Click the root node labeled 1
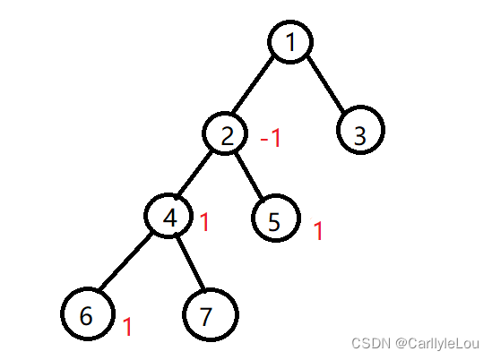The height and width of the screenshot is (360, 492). click(x=290, y=42)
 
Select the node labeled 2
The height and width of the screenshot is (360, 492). click(x=225, y=133)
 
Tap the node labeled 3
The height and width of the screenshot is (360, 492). click(x=360, y=130)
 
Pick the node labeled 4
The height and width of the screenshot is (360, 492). click(x=168, y=216)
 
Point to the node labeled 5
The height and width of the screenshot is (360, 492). click(x=276, y=218)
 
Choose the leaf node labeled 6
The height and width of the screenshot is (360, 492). click(x=88, y=313)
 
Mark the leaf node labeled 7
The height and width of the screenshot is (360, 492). click(x=211, y=314)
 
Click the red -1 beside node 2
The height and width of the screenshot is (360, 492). click(x=270, y=138)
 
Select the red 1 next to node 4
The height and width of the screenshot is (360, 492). click(x=204, y=222)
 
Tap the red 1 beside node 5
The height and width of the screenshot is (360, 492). click(x=318, y=230)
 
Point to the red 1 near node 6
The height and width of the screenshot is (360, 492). click(x=127, y=327)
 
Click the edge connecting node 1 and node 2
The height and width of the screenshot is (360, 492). click(x=253, y=85)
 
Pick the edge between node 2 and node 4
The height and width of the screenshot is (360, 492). click(x=194, y=173)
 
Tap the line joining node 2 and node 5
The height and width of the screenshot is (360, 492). click(x=249, y=176)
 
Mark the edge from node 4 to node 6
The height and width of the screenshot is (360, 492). click(x=125, y=261)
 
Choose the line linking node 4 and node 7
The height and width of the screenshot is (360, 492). click(x=190, y=262)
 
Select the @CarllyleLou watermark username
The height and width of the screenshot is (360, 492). click(x=437, y=344)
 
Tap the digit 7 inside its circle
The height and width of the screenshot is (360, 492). click(x=206, y=317)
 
